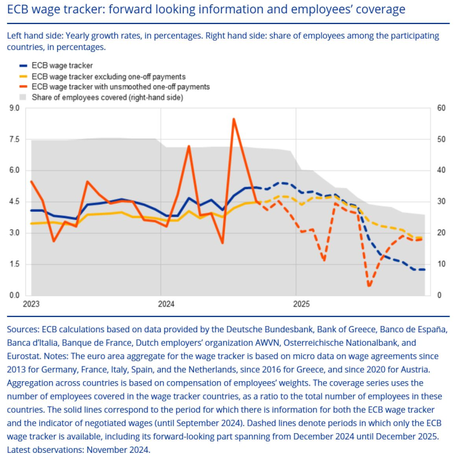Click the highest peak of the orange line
[x=234, y=119]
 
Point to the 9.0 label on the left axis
[x=14, y=108]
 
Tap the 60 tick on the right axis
[x=442, y=108]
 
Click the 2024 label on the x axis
[x=167, y=304]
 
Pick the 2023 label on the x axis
[x=31, y=304]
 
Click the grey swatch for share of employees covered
[x=24, y=98]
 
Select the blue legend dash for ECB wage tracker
[x=24, y=65]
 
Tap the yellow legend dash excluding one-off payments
[x=24, y=76]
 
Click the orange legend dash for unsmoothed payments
[x=24, y=87]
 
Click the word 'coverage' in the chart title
[x=376, y=10]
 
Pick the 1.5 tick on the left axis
[x=14, y=264]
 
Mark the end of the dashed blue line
[x=424, y=270]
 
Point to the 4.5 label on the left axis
[x=14, y=202]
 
